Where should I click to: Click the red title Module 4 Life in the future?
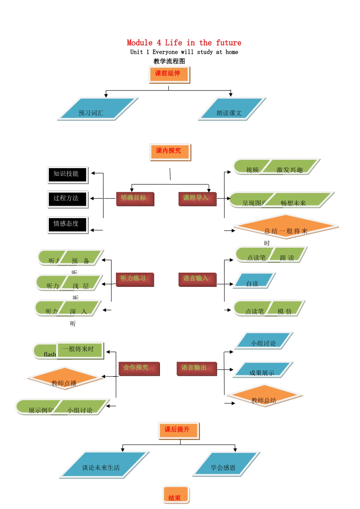tap(184, 43)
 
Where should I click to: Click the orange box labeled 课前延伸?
tap(169, 74)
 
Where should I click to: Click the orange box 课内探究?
tap(170, 152)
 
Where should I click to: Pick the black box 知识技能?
tap(67, 175)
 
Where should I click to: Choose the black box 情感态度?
tap(67, 225)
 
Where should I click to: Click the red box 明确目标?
tap(135, 198)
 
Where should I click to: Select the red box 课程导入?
tap(197, 198)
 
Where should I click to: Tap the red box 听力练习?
tap(135, 279)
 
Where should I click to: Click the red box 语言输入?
tap(197, 279)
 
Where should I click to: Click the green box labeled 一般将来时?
tap(80, 350)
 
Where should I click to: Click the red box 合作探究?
tap(138, 368)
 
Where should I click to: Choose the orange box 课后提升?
tap(178, 431)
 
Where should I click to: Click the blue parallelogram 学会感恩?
tap(226, 464)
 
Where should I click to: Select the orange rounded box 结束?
tap(176, 495)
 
